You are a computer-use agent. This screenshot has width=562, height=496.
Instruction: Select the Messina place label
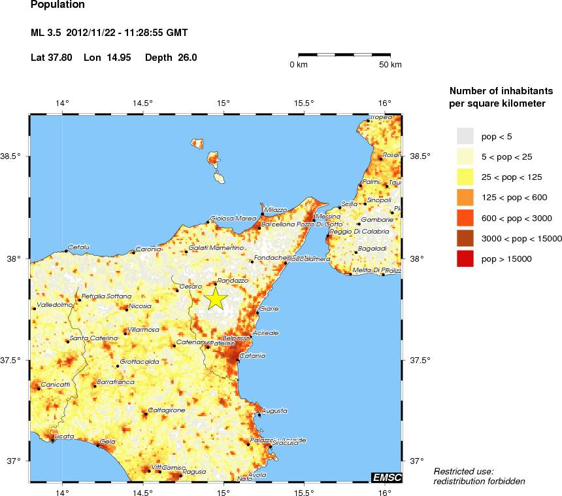coord(327,216)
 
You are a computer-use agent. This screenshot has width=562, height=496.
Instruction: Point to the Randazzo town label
coord(232,280)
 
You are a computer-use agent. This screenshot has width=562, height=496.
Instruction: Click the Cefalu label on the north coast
coord(78,247)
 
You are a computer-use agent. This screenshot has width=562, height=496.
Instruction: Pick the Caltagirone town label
coord(167,410)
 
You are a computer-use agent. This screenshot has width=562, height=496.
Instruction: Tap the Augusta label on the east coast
coord(274,410)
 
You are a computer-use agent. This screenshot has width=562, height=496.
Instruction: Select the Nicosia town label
coord(140,306)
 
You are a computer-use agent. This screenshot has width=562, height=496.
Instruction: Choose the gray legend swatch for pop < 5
coord(465,135)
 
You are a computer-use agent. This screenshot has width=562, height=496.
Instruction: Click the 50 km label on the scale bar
coord(391,65)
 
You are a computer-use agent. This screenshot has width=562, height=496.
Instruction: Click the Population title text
coord(58,5)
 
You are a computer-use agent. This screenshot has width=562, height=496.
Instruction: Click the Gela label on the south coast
coord(108,442)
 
